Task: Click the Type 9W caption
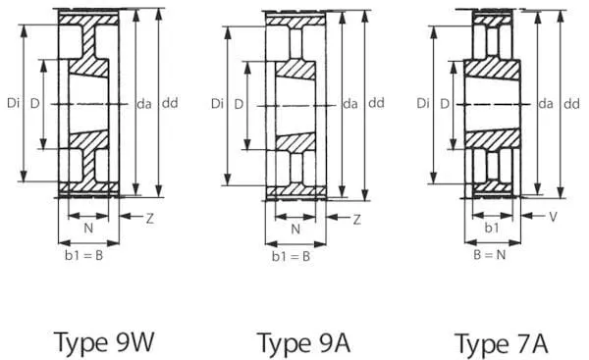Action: pyautogui.click(x=104, y=342)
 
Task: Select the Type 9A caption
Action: pyautogui.click(x=303, y=342)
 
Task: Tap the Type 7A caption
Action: pyautogui.click(x=501, y=343)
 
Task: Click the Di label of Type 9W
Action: pyautogui.click(x=13, y=103)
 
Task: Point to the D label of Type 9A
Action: pyautogui.click(x=239, y=104)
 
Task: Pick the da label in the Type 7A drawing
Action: pyautogui.click(x=546, y=104)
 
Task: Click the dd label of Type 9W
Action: pyautogui.click(x=170, y=103)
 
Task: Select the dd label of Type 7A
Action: pyautogui.click(x=571, y=104)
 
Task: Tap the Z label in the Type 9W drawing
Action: pyautogui.click(x=150, y=219)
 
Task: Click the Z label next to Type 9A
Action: pyautogui.click(x=357, y=220)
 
